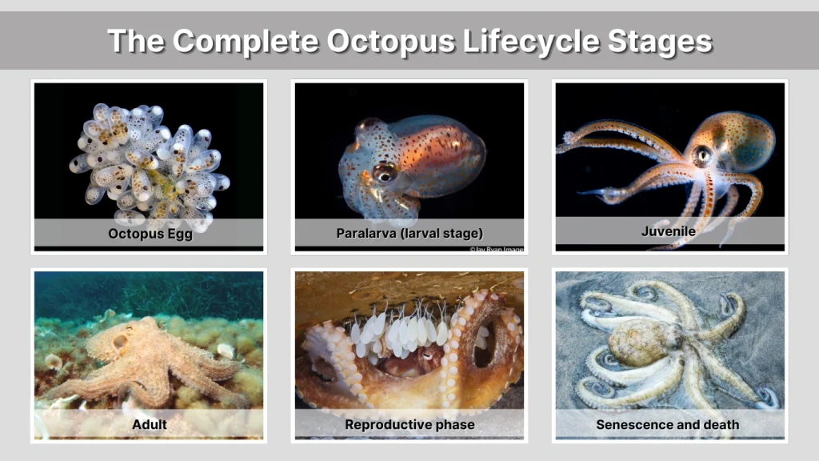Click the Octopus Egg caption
[x=150, y=235]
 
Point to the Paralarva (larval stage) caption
[x=409, y=234]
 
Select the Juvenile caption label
[x=669, y=231]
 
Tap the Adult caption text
[x=150, y=424]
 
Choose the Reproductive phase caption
[x=409, y=424]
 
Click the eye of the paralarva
[x=384, y=172]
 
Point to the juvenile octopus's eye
[x=702, y=155]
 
